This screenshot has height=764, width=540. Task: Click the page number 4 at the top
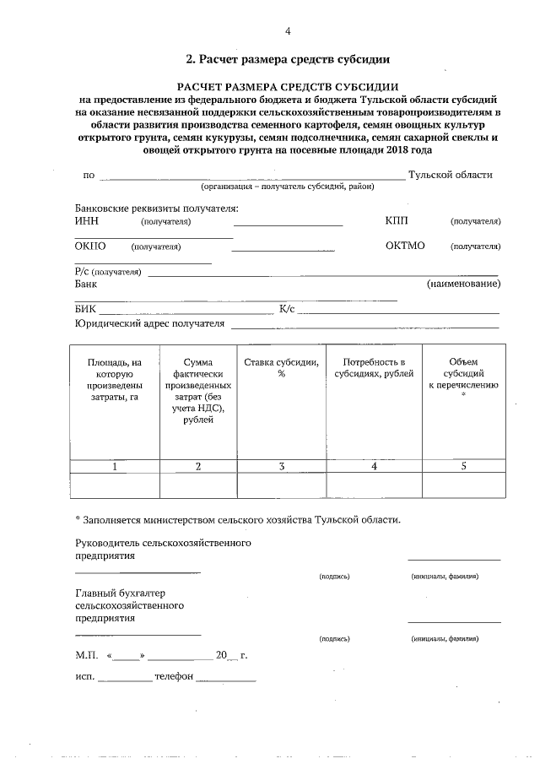pos(288,32)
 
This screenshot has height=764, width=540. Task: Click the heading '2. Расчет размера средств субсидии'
pos(288,60)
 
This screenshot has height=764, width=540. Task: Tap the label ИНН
pos(87,221)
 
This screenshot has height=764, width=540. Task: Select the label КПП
pos(396,221)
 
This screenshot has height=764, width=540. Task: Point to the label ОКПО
pos(90,247)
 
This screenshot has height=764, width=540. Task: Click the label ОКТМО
pos(404,247)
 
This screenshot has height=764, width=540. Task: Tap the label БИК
pos(84,310)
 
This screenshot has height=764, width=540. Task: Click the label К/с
pos(287,310)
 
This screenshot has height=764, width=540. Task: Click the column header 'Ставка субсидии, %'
pos(281,368)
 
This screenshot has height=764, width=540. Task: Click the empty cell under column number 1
pos(114,485)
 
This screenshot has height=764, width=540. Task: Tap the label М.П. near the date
pos(87,655)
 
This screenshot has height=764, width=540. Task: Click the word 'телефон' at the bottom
pos(174,677)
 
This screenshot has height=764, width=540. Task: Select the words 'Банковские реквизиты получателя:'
pos(156,208)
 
